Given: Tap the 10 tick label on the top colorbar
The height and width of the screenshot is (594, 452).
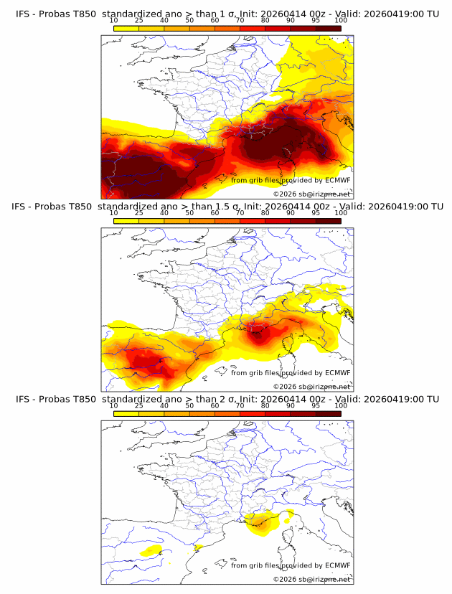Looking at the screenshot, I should click(114, 20).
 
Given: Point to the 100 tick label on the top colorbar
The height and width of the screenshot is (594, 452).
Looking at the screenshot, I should click(340, 20).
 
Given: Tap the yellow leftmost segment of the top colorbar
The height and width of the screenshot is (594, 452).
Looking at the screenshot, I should click(126, 27).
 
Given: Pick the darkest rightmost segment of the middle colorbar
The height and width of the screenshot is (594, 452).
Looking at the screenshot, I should click(328, 220).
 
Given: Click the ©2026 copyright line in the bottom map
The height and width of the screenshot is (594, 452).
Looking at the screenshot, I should click(311, 578).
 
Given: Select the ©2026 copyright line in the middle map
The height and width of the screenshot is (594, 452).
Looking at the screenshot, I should click(311, 386).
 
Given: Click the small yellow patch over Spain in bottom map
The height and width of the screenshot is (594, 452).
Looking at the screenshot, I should click(151, 551).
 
